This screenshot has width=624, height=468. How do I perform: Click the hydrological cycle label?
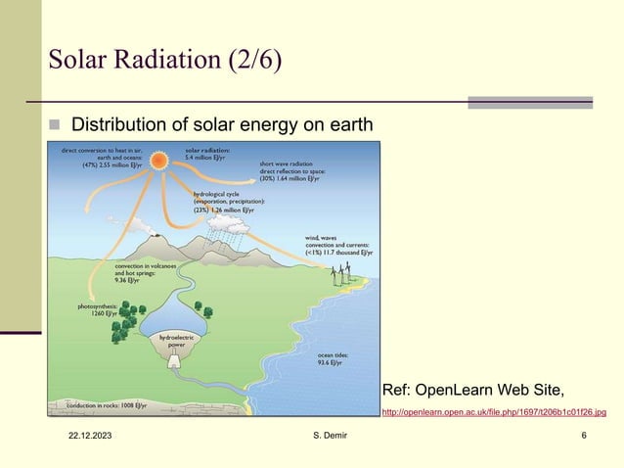click(227, 201)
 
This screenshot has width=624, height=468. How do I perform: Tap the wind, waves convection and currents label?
click(338, 243)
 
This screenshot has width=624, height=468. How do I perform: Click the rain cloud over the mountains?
click(232, 228)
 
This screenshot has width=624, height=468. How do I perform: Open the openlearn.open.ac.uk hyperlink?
click(493, 412)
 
